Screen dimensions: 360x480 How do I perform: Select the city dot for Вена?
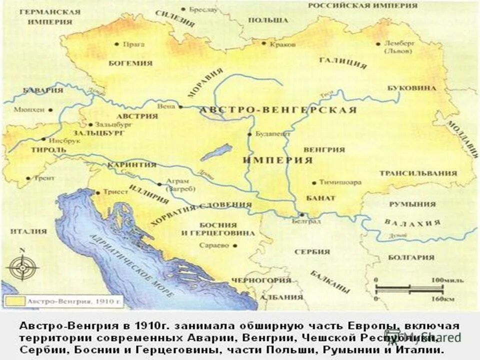180,106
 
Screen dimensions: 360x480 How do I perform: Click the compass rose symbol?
21,266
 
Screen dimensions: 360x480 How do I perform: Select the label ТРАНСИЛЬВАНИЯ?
418,173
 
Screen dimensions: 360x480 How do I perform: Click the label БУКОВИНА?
411,88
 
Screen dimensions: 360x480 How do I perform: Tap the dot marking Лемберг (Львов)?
378,43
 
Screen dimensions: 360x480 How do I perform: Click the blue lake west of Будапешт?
216,152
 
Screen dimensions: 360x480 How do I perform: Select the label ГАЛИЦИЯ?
342,63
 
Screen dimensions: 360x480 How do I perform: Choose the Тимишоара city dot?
313,182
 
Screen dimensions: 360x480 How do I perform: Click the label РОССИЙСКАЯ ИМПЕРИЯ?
362,5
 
